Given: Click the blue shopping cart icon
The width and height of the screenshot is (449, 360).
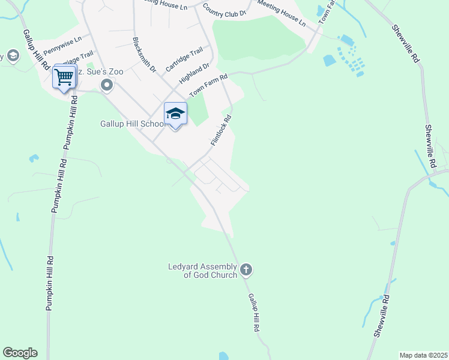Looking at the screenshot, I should coord(64,77).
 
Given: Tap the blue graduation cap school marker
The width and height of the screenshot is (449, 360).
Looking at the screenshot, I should coord(175,114).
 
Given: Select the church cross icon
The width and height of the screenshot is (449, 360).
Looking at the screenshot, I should coord(246,271).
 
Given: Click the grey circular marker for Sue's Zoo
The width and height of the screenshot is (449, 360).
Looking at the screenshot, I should coord(107,86).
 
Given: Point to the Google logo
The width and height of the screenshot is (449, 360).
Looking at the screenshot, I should coord(20,353).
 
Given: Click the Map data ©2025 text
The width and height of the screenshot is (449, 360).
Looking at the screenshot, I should coord(423,355).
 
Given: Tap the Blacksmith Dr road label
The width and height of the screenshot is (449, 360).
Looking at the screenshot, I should coord(144,55).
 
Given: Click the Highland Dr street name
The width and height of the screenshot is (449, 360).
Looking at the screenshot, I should coord(194,74).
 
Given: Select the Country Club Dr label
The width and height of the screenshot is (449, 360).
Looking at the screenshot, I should coord(224,10).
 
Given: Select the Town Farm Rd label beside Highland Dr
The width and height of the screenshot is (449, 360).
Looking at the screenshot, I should coord(209,86).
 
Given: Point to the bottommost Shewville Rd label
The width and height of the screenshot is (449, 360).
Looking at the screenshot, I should coord(382,316).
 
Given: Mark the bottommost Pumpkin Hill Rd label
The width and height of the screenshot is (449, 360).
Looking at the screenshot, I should coord(50,283).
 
